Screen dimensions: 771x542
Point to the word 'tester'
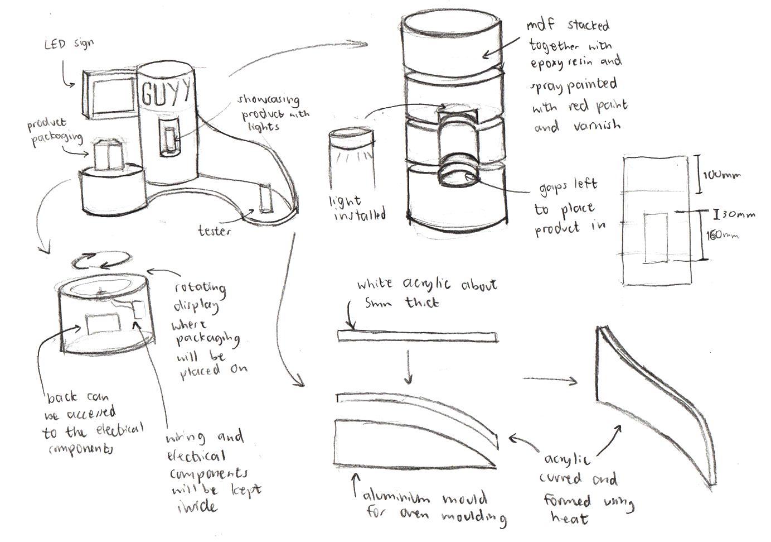[214, 231]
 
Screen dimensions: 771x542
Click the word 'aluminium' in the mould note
[397, 497]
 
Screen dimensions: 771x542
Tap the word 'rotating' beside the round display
[200, 289]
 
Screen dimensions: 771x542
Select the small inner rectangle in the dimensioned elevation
[656, 237]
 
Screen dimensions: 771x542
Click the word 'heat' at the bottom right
[569, 517]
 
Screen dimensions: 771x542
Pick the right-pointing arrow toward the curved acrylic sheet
[550, 380]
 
